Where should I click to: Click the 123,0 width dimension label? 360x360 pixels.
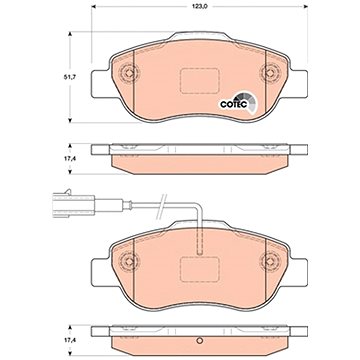pos(200,7)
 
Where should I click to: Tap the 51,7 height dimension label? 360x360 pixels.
pos(68,77)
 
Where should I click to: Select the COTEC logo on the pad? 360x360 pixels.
pos(237,103)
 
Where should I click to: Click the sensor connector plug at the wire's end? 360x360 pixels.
pos(74,203)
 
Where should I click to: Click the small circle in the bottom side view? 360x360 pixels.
pos(200,340)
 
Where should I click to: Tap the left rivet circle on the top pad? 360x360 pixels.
pos(129,72)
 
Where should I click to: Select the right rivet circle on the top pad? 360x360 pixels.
pos(270,72)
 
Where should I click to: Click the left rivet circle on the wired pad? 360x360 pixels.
pos(129,261)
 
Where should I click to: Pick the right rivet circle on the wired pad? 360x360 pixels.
pos(270,261)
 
